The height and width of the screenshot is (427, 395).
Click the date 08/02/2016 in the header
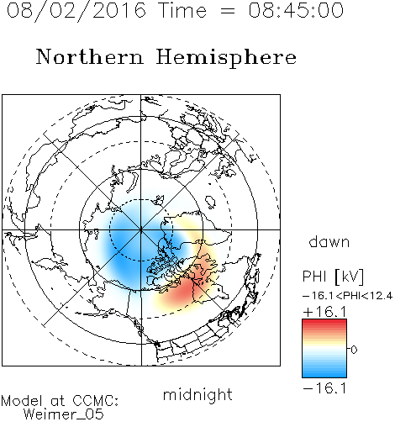click(76, 11)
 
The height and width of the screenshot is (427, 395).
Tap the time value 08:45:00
click(296, 10)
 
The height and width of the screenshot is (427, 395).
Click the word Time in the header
click(182, 10)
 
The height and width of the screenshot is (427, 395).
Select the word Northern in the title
click(90, 56)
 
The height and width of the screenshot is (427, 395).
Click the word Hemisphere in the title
click(226, 57)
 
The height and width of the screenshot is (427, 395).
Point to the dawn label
click(329, 241)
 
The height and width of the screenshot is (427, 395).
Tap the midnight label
click(197, 395)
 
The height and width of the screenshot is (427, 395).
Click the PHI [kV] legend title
click(333, 277)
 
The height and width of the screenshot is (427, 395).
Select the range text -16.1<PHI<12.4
click(347, 296)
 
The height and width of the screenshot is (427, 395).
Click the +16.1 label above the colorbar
click(324, 312)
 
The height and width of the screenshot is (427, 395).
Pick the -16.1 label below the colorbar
click(324, 388)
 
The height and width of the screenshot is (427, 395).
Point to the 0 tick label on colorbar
click(354, 350)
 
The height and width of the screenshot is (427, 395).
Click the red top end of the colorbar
click(324, 321)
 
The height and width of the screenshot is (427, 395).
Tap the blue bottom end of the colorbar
click(324, 375)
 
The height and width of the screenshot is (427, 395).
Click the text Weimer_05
click(64, 414)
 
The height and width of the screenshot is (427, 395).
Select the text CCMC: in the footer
click(96, 401)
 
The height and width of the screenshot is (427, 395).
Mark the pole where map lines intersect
click(141, 229)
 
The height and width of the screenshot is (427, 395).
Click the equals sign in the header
click(228, 11)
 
